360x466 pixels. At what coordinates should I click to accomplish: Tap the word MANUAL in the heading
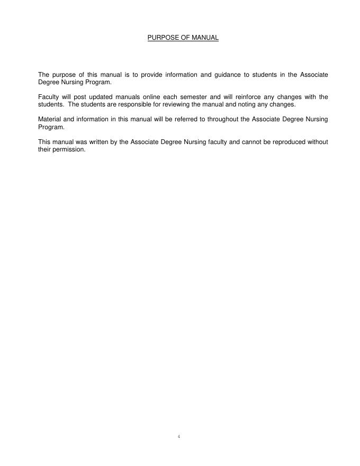coord(205,38)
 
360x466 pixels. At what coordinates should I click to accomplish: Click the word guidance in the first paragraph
coord(226,75)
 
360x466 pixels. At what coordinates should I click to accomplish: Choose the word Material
coord(49,119)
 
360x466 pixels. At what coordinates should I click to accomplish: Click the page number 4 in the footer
coord(179,436)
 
